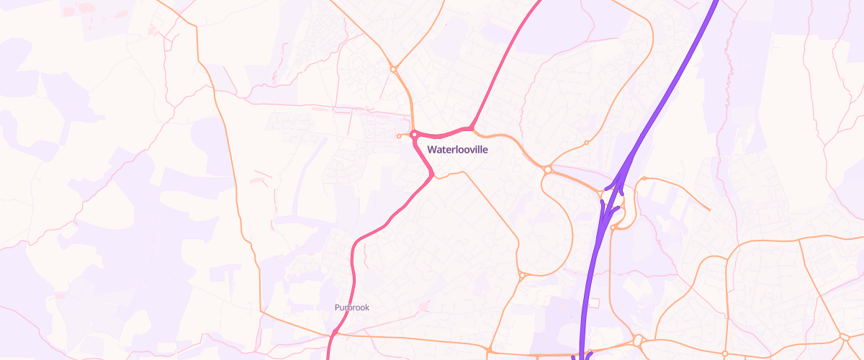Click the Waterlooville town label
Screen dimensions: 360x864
pos(458,150)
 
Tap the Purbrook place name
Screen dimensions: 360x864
pos(352,307)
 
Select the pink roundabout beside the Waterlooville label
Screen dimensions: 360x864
pos(415,134)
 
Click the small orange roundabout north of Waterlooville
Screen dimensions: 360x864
pos(394,69)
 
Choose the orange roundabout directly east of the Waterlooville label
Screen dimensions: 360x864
pos(548,170)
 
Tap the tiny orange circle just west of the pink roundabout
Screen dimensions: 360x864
pos(399,136)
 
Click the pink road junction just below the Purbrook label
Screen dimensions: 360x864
pos(335,333)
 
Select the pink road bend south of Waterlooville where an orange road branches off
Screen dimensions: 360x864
pos(431,175)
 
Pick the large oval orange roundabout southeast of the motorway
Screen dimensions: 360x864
pos(637,340)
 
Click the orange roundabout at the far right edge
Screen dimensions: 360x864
pos(844,336)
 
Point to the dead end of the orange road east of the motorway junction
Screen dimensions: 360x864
pos(710,210)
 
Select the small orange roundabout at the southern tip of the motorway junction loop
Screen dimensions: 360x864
pos(613,228)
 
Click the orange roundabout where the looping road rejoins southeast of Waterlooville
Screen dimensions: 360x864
pos(521,275)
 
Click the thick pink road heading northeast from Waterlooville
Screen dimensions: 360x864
pos(504,65)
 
